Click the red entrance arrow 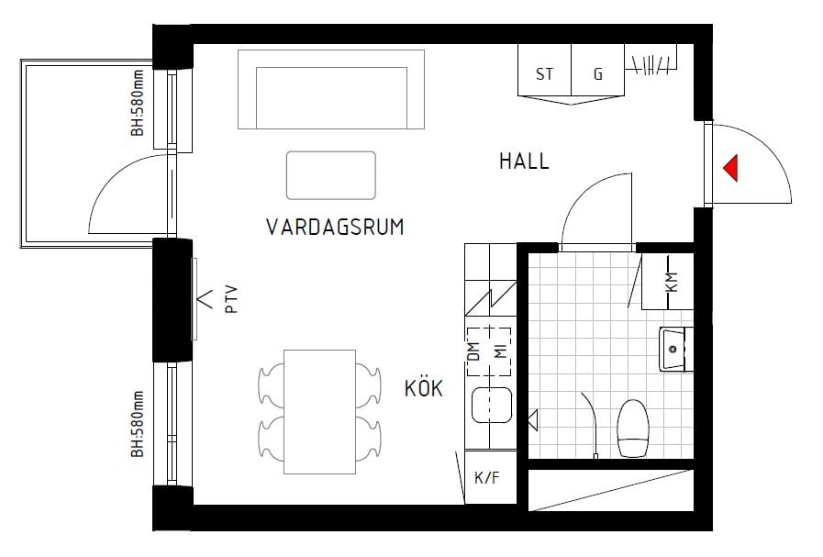pyautogui.click(x=731, y=168)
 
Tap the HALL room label pyautogui.click(x=524, y=162)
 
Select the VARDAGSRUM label pyautogui.click(x=335, y=227)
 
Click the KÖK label pyautogui.click(x=423, y=389)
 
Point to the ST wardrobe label pyautogui.click(x=544, y=74)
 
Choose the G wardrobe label pyautogui.click(x=598, y=74)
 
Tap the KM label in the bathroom pyautogui.click(x=672, y=282)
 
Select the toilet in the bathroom pyautogui.click(x=633, y=427)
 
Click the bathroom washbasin pyautogui.click(x=674, y=349)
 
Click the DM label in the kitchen pyautogui.click(x=474, y=351)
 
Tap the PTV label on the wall pyautogui.click(x=231, y=300)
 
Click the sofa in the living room pyautogui.click(x=331, y=90)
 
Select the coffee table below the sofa pyautogui.click(x=330, y=175)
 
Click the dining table pyautogui.click(x=318, y=407)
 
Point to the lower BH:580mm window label pyautogui.click(x=138, y=424)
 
